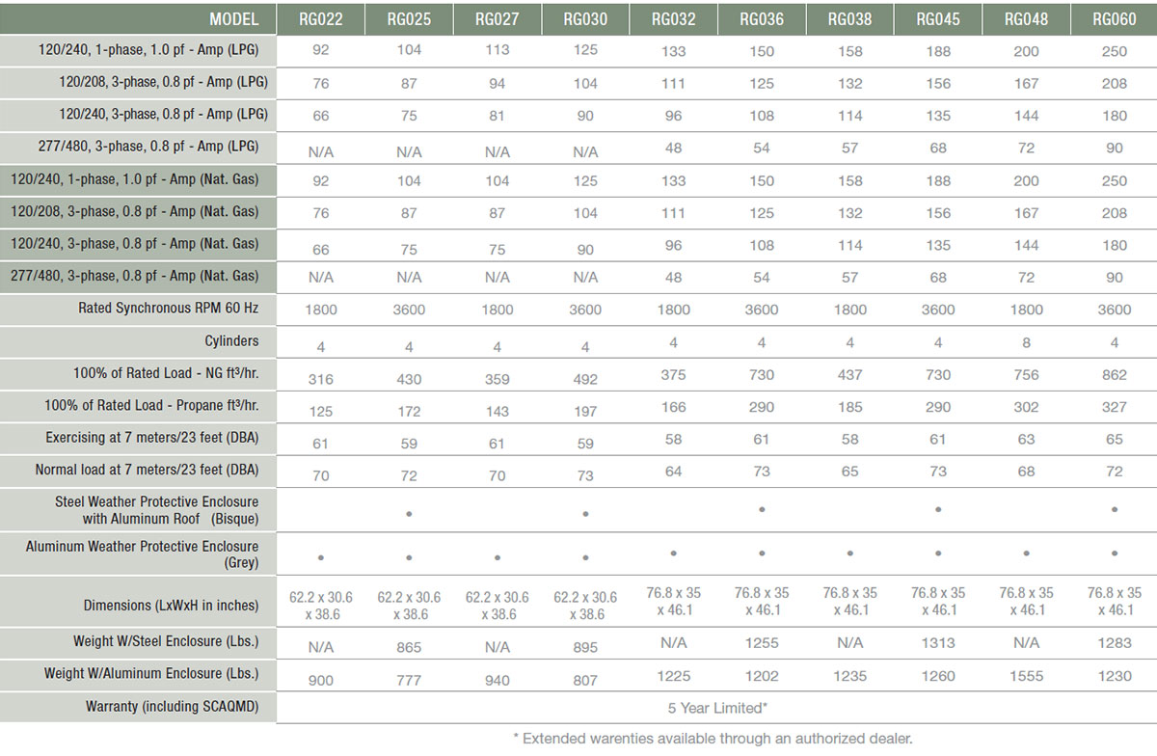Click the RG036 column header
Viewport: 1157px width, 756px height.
762,19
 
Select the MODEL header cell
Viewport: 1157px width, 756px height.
233,19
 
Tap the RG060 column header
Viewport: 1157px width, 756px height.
1114,19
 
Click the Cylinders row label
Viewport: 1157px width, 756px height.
231,341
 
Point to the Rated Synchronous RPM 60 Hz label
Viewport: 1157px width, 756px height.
169,309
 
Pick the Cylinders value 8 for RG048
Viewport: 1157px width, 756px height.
1026,342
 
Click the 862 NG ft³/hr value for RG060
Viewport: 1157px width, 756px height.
1114,375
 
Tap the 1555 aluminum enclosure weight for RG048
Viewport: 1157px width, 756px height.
1026,676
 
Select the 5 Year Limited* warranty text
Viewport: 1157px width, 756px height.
717,708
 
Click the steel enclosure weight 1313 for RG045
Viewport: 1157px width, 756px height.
937,642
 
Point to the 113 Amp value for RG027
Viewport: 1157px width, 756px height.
497,49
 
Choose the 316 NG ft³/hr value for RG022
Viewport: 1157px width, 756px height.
320,379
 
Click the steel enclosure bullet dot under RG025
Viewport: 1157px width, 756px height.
409,514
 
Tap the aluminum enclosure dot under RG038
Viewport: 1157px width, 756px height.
849,553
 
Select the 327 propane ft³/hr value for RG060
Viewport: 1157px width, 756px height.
1114,407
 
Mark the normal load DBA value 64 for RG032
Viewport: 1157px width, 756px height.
673,471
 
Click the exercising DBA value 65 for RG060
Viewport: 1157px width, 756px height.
1114,439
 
